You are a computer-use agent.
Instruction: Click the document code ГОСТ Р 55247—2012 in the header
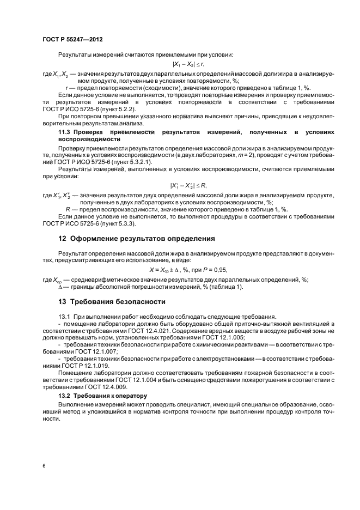(72, 40)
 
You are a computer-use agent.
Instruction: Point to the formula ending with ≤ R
(188, 186)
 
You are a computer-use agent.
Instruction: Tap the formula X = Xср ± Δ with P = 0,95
(188, 270)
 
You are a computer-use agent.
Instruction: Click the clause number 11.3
(64, 132)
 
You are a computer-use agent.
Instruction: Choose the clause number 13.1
(64, 317)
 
